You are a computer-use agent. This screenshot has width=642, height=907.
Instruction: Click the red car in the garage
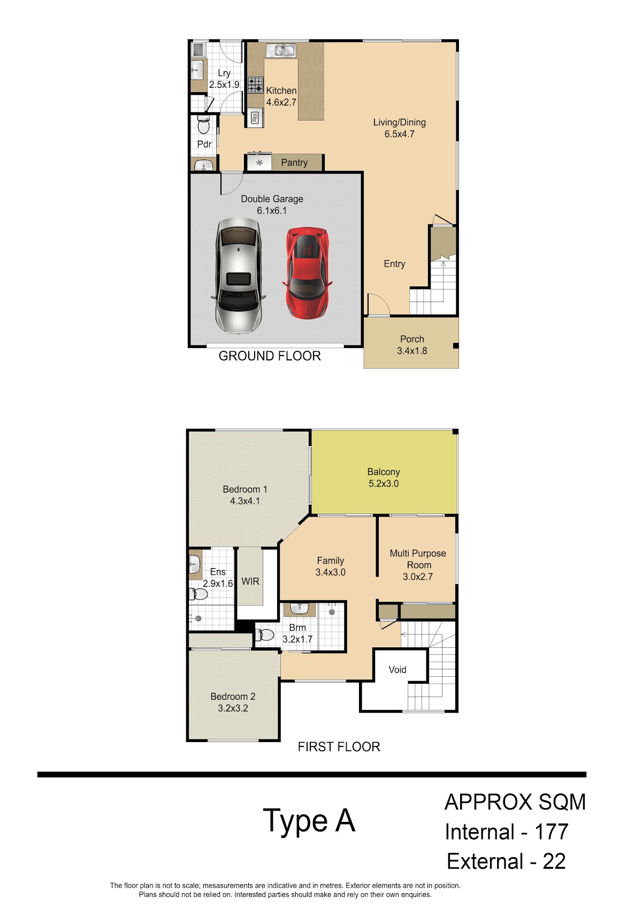pyautogui.click(x=307, y=273)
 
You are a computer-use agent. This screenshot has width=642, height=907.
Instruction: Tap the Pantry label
pyautogui.click(x=294, y=162)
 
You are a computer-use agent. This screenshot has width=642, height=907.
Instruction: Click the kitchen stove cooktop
pyautogui.click(x=255, y=85)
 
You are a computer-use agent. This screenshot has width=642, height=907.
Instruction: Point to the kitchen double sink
pyautogui.click(x=281, y=51)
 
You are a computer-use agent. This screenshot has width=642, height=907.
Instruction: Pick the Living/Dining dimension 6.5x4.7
pyautogui.click(x=399, y=134)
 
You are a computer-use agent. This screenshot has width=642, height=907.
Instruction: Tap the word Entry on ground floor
pyautogui.click(x=394, y=264)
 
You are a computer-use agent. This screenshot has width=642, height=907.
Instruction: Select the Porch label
pyautogui.click(x=412, y=339)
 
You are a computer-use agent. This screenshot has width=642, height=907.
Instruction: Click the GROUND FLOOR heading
pyautogui.click(x=270, y=356)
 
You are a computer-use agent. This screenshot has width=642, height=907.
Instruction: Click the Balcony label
pyautogui.click(x=384, y=472)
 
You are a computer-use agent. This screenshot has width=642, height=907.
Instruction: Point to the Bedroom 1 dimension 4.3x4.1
pyautogui.click(x=244, y=501)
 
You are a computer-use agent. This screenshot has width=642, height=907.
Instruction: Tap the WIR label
pyautogui.click(x=250, y=581)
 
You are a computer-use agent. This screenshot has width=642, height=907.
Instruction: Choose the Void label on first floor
pyautogui.click(x=398, y=670)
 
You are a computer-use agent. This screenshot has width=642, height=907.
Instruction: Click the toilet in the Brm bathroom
pyautogui.click(x=264, y=634)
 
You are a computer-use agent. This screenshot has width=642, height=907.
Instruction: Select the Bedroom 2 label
pyautogui.click(x=233, y=697)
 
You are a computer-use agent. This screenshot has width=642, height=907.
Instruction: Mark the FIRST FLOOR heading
pyautogui.click(x=339, y=747)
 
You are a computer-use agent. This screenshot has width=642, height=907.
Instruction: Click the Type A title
pyautogui.click(x=309, y=821)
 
